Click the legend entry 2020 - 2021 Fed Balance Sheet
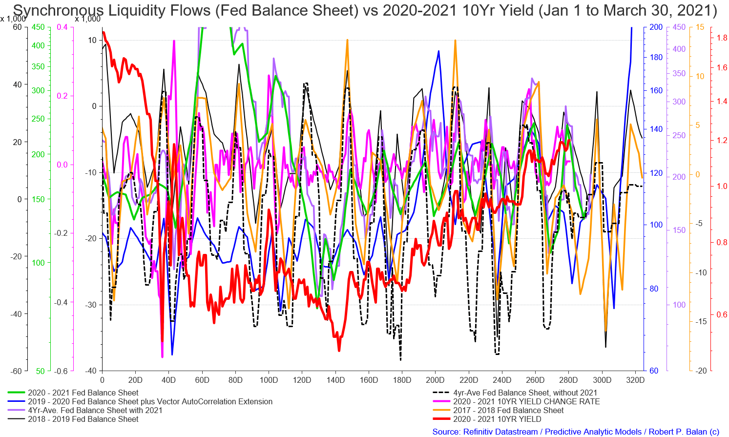[83, 393]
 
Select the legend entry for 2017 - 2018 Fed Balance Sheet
[508, 410]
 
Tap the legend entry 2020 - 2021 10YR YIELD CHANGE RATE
[526, 401]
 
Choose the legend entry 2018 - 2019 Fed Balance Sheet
[83, 419]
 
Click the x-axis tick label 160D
[369, 380]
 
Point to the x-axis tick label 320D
[636, 380]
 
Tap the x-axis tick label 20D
[135, 380]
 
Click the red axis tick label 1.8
[722, 38]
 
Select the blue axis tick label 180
[656, 57]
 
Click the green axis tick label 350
[38, 66]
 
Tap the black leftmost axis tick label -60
[16, 371]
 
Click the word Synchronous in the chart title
[59, 10]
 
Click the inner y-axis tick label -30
[91, 305]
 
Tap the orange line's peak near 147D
[347, 40]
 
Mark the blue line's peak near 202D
[438, 51]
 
